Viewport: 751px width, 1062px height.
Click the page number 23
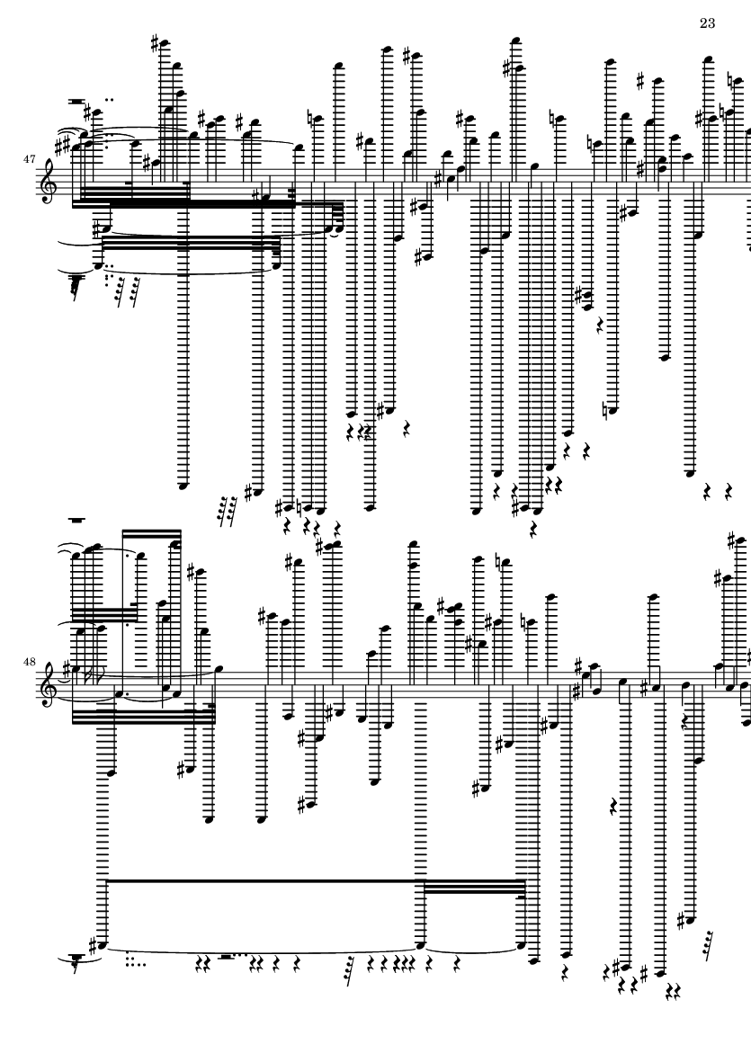[707, 22]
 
